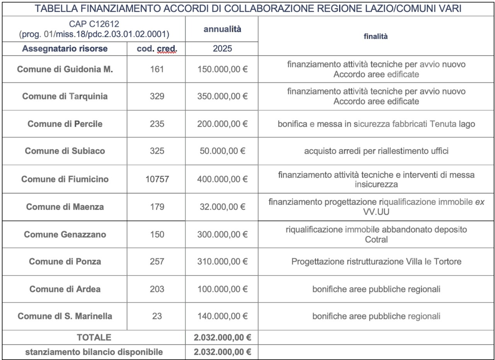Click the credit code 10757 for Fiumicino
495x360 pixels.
coord(157,179)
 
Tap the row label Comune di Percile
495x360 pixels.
coord(65,124)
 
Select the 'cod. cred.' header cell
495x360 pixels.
coord(157,49)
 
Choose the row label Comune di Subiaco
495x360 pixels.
coord(65,151)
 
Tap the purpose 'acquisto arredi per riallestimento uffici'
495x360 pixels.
coord(376,151)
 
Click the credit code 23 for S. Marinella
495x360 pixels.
coord(157,316)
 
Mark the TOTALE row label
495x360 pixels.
coord(94,338)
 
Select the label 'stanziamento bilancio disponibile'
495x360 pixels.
coord(94,352)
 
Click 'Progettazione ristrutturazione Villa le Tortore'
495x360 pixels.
coord(376,262)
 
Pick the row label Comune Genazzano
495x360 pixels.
coord(65,234)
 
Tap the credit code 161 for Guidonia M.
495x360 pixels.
coord(157,69)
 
